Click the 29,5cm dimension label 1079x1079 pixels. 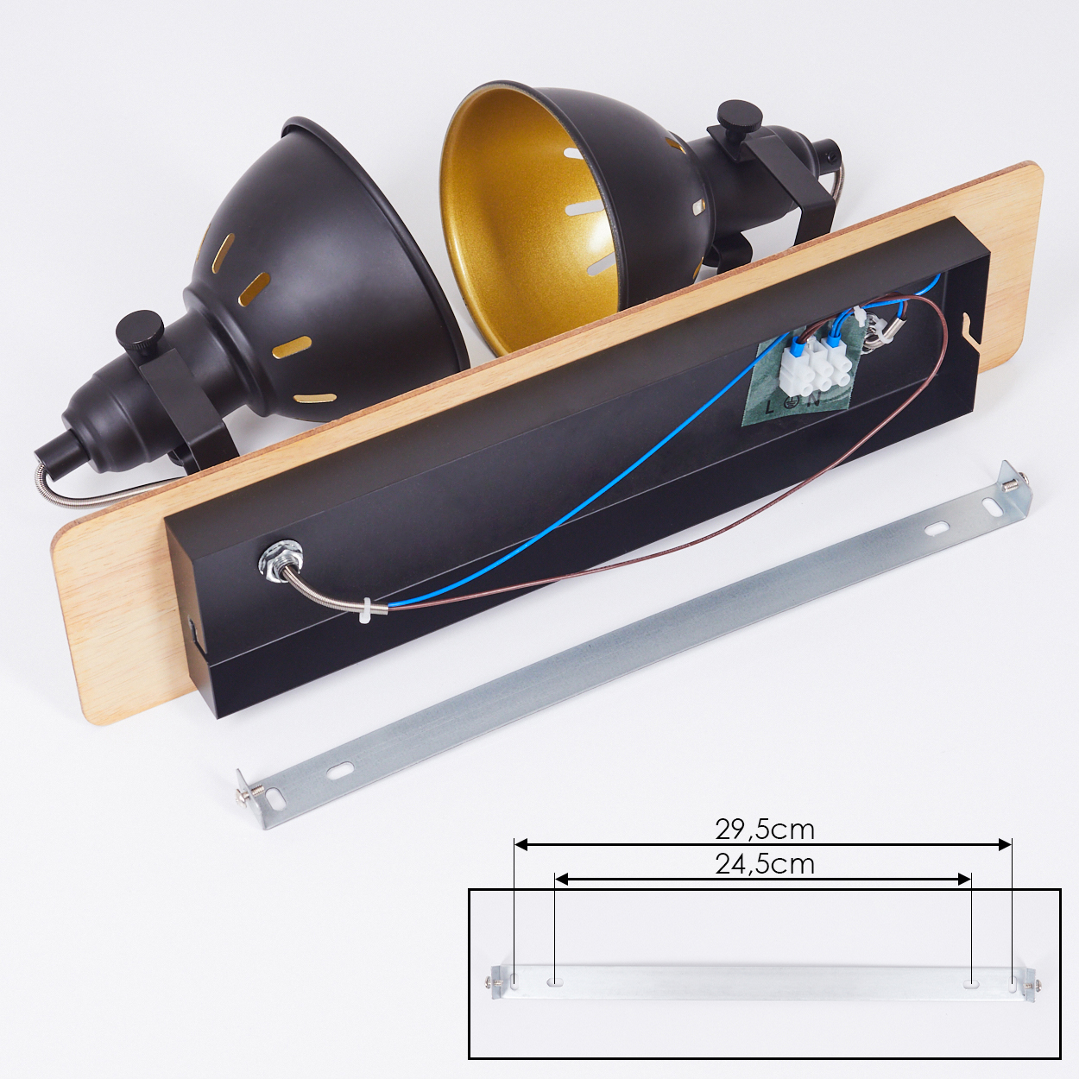click(764, 830)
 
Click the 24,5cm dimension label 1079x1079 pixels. click(764, 865)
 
